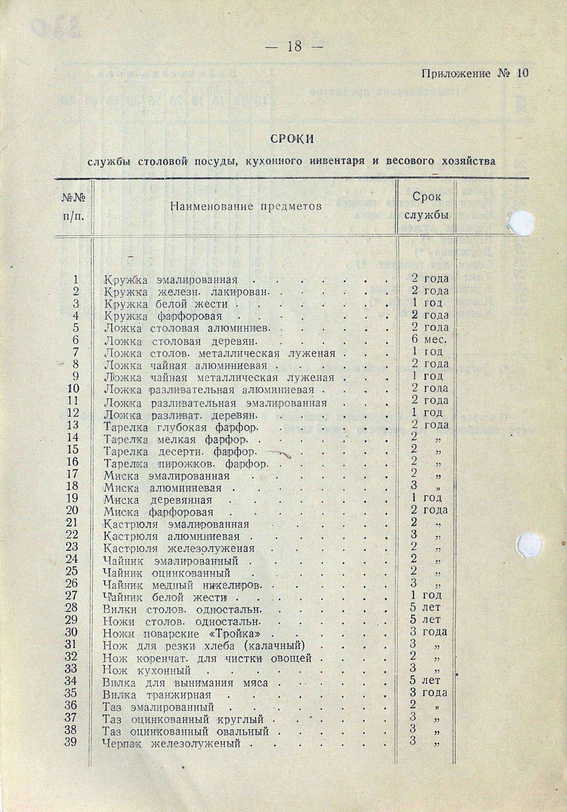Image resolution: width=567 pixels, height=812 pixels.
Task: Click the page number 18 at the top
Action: (x=294, y=46)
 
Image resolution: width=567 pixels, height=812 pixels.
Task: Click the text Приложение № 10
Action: (x=475, y=74)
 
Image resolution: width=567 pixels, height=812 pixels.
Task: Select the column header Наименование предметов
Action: (x=246, y=207)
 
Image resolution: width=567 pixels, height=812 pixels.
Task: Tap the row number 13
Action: (x=73, y=425)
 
